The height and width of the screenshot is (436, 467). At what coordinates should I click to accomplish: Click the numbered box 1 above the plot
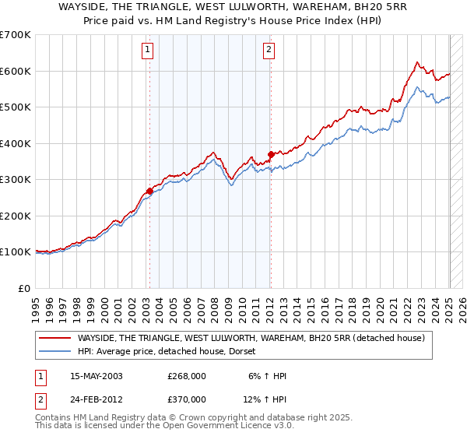tap(148, 51)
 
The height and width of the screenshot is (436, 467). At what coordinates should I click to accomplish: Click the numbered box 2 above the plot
tap(269, 51)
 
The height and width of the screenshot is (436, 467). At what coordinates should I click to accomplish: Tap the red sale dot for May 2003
tap(149, 191)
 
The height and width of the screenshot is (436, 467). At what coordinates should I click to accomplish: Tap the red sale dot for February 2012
tap(271, 153)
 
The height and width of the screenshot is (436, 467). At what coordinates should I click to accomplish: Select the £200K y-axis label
tap(16, 216)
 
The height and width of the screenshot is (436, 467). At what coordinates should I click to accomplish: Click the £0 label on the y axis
tap(24, 288)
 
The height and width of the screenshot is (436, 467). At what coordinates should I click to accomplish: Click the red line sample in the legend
tap(55, 338)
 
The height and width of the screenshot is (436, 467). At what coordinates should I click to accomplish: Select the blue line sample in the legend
tap(55, 352)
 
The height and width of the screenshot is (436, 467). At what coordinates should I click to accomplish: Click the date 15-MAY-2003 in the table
tap(97, 376)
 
